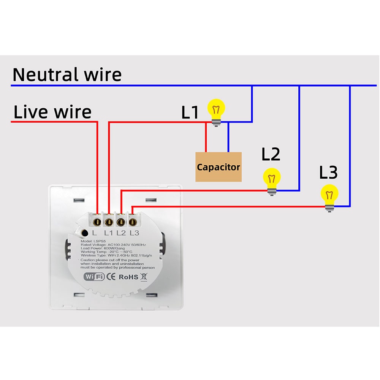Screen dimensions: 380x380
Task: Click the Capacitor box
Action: [218, 167]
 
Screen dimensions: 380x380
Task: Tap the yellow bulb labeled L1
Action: [216, 110]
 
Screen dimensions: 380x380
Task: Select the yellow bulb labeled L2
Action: [272, 179]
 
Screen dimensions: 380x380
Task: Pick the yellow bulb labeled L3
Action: [329, 195]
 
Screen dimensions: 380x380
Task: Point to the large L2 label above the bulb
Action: [271, 154]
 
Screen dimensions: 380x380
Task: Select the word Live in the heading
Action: [31, 112]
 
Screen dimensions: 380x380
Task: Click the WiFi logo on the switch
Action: [94, 277]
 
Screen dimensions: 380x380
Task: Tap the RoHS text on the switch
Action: [128, 277]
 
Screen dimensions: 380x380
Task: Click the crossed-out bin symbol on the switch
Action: [144, 276]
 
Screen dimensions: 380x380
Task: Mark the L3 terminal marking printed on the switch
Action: [134, 233]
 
